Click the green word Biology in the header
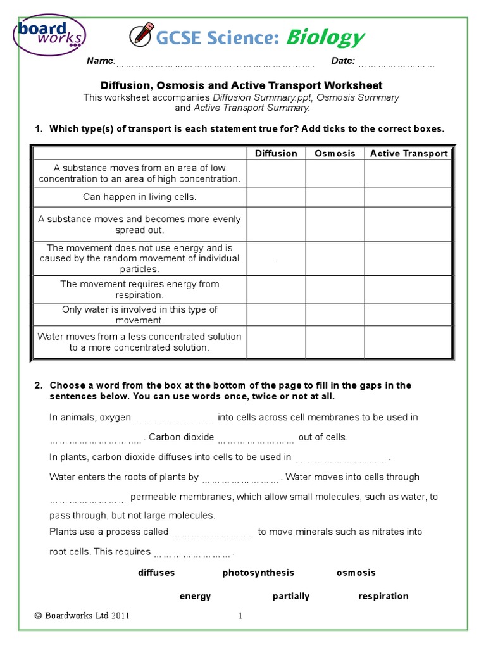pos(325,38)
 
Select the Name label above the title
pos(100,61)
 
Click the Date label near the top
pos(343,61)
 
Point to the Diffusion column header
pos(276,153)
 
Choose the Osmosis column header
pos(335,153)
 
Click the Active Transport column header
pos(408,153)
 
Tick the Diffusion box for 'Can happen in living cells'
pos(276,197)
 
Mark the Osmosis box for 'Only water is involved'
pos(335,315)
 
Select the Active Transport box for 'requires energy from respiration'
pos(408,290)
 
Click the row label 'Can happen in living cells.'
pos(140,197)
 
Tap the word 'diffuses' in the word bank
pos(156,573)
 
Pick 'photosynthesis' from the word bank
pos(258,573)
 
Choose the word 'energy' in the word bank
pos(195,596)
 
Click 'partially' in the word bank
pos(291,596)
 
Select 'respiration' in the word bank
pos(383,596)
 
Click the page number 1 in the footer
pos(240,616)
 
